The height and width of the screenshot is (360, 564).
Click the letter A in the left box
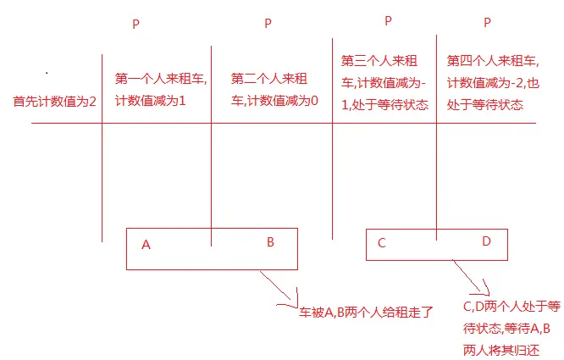[x=147, y=245]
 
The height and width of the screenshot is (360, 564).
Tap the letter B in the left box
[x=270, y=242]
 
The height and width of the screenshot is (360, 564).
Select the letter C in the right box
[x=382, y=243]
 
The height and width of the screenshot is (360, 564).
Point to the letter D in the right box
[x=486, y=241]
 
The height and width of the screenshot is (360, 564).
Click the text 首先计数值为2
[x=54, y=101]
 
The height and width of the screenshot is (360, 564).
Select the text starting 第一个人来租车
[x=161, y=87]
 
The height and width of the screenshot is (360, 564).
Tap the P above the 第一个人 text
[x=135, y=24]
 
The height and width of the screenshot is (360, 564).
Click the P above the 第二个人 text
[x=268, y=23]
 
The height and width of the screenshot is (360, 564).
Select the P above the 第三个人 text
[x=388, y=20]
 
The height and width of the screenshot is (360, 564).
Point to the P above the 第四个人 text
[x=487, y=23]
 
